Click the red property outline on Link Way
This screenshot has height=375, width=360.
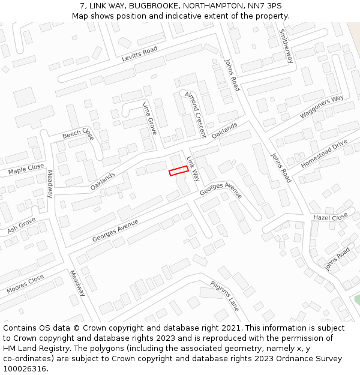tap(179, 171)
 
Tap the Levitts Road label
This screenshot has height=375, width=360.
tap(139, 54)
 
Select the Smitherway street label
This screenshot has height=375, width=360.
tap(286, 47)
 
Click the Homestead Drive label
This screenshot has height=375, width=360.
tap(324, 154)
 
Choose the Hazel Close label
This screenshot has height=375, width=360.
tap(330, 217)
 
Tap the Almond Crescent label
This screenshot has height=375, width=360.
tap(195, 114)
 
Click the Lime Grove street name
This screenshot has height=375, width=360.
tap(149, 118)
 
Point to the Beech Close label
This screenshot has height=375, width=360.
tap(78, 133)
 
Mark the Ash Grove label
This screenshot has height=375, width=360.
tap(22, 227)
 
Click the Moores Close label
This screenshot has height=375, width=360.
tap(25, 284)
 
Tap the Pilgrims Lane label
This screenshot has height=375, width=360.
tap(224, 296)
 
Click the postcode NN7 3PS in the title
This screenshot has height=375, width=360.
tap(267, 5)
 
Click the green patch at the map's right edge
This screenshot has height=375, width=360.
tap(357, 298)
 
